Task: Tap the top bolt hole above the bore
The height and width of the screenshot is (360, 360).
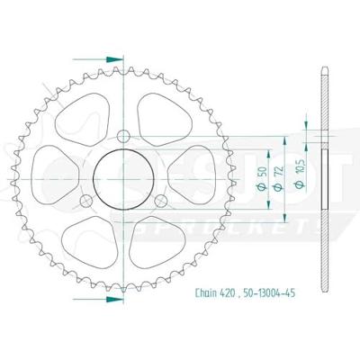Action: click(126, 135)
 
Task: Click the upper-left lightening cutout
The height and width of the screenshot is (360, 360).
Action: click(83, 114)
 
